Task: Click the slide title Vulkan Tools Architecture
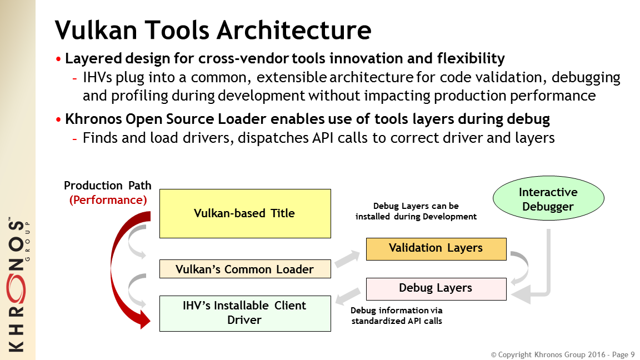click(x=213, y=29)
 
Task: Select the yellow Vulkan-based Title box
click(x=244, y=213)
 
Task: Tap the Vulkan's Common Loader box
click(x=244, y=269)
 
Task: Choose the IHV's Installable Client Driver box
click(x=244, y=313)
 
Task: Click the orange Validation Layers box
click(x=436, y=248)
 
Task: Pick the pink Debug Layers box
click(x=436, y=288)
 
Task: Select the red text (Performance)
click(x=108, y=200)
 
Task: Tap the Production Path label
click(x=108, y=186)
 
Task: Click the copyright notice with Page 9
click(x=562, y=354)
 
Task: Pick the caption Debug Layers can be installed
click(x=416, y=211)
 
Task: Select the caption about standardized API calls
click(x=397, y=316)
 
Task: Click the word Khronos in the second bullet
click(x=91, y=119)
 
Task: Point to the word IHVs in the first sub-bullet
click(x=97, y=78)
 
